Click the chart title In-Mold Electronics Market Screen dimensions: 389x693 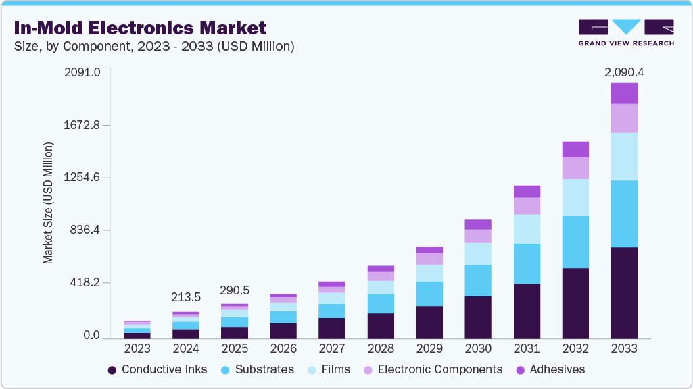coord(139,28)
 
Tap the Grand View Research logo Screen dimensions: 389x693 coord(625,32)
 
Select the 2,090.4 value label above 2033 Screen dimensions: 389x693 coord(624,72)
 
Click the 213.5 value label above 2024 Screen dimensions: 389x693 coord(186,297)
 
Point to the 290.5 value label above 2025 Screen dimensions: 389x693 coord(235,290)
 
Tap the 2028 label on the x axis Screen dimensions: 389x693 coord(381,348)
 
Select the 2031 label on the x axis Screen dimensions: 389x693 coord(527,348)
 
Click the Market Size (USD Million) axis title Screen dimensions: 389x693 coord(48,203)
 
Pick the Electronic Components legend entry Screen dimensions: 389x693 coord(433,369)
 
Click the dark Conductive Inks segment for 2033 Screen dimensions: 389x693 coord(624,292)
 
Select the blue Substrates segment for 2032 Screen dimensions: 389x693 coord(575,242)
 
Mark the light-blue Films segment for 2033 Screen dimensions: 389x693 coord(624,156)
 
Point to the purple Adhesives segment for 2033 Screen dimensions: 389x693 coord(624,93)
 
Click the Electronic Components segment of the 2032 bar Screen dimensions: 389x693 coord(575,168)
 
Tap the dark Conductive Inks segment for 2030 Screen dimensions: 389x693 coord(478,317)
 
